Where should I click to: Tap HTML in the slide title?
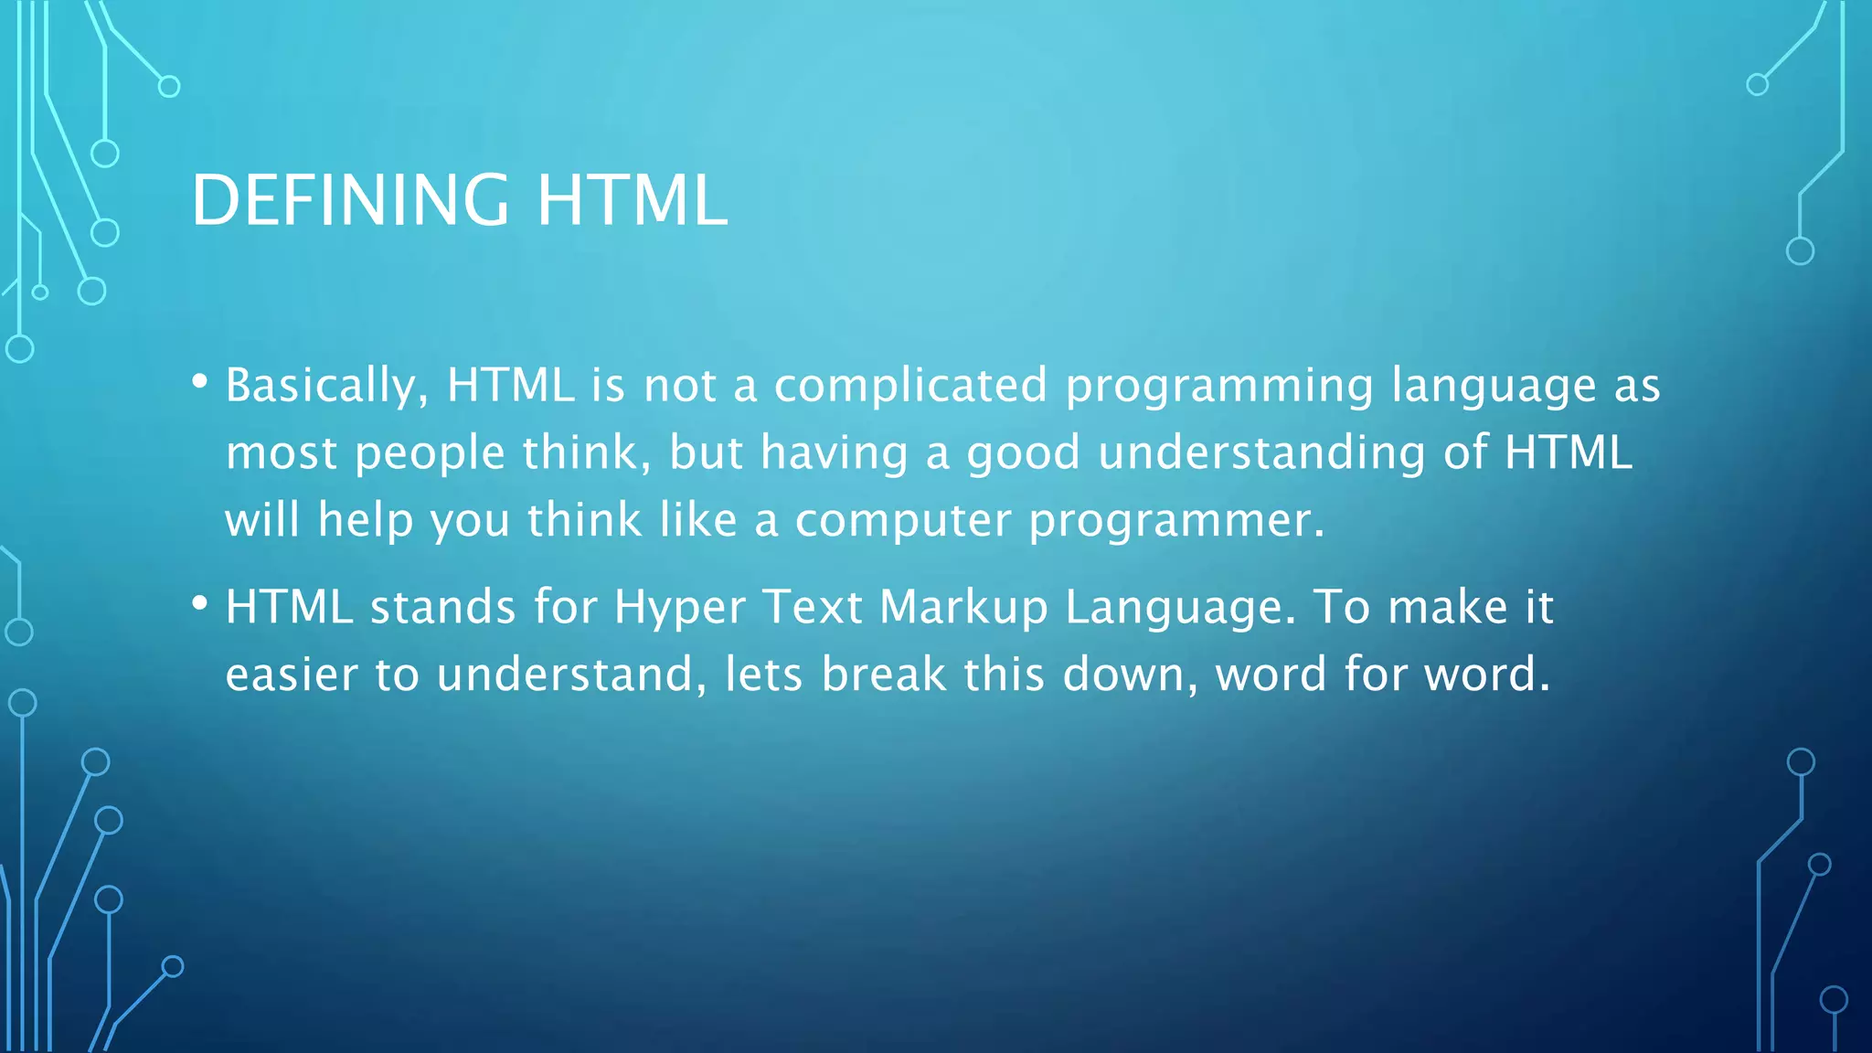click(632, 200)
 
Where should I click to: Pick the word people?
click(430, 454)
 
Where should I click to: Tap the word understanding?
click(1261, 454)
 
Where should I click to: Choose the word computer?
click(903, 522)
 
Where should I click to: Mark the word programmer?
click(1175, 522)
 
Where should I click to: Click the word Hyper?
click(680, 609)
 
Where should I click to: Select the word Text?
click(813, 607)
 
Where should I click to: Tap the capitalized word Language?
click(1180, 609)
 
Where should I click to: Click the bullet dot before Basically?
click(200, 380)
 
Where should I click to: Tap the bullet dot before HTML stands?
click(200, 602)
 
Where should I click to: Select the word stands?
click(442, 607)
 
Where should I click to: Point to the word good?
click(1024, 454)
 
